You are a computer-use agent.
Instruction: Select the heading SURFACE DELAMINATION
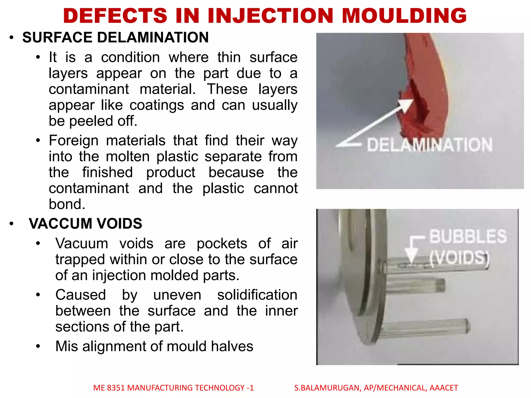115,37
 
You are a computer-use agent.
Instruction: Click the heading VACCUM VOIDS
86,223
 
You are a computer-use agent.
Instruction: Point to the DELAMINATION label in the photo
430,145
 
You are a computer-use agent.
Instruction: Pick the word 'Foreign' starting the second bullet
74,141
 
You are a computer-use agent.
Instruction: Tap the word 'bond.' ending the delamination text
67,204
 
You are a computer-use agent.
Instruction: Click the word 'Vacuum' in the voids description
82,244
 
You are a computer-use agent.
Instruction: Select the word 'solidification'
257,295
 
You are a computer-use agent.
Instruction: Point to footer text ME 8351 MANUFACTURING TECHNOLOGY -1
173,388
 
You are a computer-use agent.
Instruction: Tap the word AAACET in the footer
444,388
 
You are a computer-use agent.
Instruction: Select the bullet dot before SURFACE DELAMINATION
11,38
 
